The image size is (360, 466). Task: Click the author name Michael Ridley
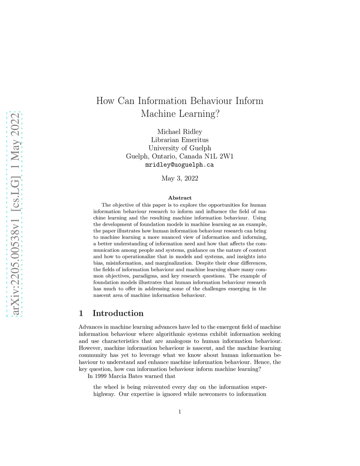point(180,132)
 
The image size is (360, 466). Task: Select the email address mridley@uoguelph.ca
point(180,165)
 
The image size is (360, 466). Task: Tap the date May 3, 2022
point(180,178)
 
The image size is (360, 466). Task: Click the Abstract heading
point(180,198)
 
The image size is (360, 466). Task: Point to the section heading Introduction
point(118,313)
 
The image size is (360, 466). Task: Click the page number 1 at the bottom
point(180,412)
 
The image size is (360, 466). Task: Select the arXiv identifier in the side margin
point(15,215)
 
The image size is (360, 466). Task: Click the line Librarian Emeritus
point(180,140)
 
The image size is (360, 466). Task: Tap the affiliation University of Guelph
point(180,148)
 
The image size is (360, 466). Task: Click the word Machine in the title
point(157,114)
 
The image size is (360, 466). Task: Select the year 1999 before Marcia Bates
point(101,376)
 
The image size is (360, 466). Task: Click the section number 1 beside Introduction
point(81,313)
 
